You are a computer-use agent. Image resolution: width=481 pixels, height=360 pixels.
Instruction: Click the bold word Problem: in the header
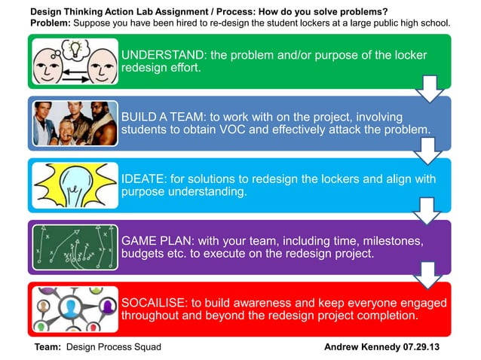pyautogui.click(x=51, y=23)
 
